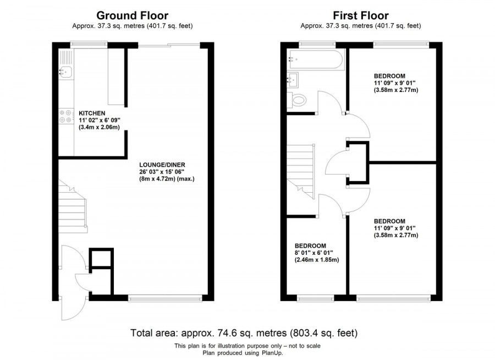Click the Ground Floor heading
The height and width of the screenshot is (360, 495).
click(x=132, y=15)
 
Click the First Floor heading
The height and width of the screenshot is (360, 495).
click(x=361, y=15)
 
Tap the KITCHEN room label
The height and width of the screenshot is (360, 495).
click(x=92, y=113)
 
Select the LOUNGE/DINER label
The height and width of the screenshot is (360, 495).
click(x=162, y=165)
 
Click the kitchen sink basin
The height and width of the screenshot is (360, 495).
click(x=65, y=72)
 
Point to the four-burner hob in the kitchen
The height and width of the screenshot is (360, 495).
click(x=66, y=116)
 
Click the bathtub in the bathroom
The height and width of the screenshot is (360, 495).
click(x=316, y=59)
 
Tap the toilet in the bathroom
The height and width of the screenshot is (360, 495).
click(x=297, y=101)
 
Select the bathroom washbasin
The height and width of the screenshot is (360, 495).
click(x=293, y=80)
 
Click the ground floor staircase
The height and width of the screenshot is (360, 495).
click(x=72, y=207)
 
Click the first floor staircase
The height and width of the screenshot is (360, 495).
click(x=301, y=171)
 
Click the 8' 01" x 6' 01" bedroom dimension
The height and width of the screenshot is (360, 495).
click(x=314, y=253)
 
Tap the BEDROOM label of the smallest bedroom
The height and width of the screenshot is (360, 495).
click(x=310, y=246)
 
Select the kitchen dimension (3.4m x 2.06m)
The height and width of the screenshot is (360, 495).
click(x=99, y=127)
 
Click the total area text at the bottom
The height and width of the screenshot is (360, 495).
click(x=244, y=333)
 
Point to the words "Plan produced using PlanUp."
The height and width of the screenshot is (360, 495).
click(x=243, y=353)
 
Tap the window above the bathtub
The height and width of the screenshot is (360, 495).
click(x=317, y=44)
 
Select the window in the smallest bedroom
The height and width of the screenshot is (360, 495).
click(x=316, y=298)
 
